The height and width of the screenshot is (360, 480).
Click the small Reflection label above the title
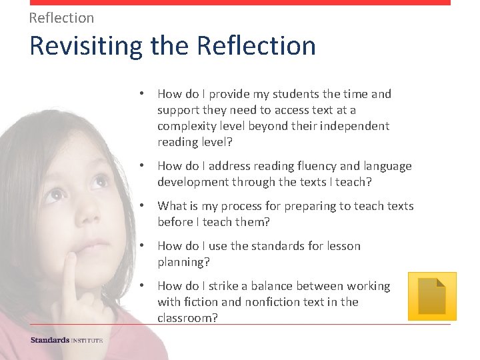tap(61, 18)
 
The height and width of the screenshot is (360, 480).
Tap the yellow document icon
tap(431, 296)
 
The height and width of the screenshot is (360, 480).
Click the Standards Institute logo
tap(67, 341)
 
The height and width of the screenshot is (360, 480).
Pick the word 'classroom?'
tap(187, 318)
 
